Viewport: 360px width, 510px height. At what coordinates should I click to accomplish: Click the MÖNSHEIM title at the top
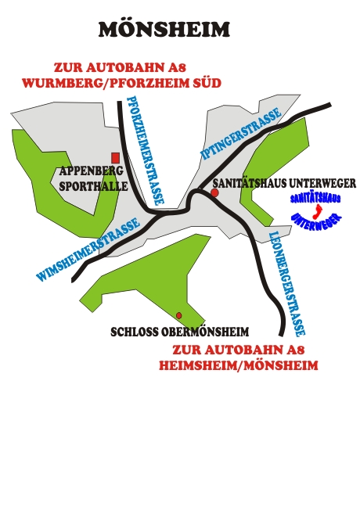click(164, 29)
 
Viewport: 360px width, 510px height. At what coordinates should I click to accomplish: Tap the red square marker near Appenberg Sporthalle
click(115, 158)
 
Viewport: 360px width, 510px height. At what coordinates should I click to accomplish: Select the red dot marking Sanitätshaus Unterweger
click(214, 192)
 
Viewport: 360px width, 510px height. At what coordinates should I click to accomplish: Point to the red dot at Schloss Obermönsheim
click(178, 315)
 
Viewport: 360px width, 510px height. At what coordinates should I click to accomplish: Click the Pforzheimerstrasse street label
click(146, 150)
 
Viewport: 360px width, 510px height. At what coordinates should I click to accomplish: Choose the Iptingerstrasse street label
click(241, 133)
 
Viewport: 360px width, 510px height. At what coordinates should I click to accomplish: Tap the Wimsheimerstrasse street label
click(88, 250)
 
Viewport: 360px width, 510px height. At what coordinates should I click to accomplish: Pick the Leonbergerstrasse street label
click(287, 284)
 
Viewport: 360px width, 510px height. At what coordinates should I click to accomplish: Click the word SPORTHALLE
click(93, 186)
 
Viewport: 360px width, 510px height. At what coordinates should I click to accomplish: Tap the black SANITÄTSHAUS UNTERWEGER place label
click(284, 183)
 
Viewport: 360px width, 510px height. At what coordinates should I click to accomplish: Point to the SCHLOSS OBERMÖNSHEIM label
click(180, 332)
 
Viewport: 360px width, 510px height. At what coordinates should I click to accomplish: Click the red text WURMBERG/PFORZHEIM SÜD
click(122, 83)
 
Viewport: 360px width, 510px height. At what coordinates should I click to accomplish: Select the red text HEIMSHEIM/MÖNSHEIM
click(238, 365)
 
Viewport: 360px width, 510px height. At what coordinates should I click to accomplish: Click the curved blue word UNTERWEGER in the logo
click(315, 222)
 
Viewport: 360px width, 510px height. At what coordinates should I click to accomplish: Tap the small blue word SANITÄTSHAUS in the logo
click(315, 199)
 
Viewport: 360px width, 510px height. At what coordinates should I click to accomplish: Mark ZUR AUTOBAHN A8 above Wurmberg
click(120, 67)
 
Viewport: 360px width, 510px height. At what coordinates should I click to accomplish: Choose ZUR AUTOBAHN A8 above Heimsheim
click(238, 350)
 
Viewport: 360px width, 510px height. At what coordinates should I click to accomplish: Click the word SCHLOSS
click(135, 332)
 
